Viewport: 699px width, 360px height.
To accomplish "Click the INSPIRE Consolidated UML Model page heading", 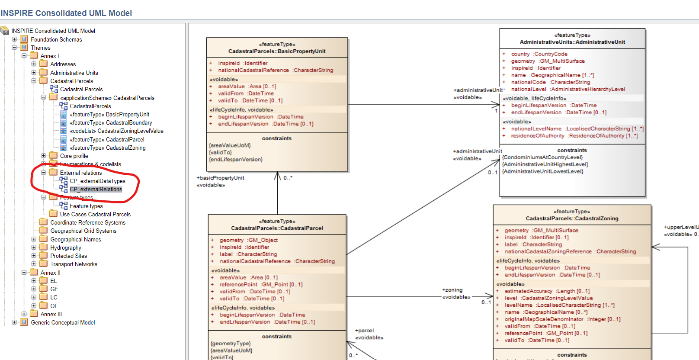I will tap(66, 13).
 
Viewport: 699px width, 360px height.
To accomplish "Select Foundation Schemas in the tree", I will tap(56, 39).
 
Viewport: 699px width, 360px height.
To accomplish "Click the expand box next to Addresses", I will tap(34, 64).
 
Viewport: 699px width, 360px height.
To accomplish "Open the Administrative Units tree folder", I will tap(74, 73).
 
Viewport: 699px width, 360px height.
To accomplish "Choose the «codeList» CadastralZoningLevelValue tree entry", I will tap(116, 131).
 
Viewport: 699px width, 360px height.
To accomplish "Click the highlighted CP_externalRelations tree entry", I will tap(96, 189).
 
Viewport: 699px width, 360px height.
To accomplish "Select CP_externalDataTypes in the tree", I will tap(97, 181).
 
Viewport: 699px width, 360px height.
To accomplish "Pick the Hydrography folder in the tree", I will tap(65, 247).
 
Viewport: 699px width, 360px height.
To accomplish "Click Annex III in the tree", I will tap(51, 314).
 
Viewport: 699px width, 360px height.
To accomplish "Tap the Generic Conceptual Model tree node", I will tap(63, 322).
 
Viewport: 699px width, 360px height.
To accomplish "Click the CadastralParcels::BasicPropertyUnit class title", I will tap(277, 51).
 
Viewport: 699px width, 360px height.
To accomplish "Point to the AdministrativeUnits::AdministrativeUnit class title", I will tap(572, 42).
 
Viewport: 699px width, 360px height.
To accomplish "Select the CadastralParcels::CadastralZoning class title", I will tap(572, 219).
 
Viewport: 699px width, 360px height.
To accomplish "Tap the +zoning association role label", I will tap(452, 290).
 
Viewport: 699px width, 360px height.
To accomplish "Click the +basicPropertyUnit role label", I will tap(221, 178).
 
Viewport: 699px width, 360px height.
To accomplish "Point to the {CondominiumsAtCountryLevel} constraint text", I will tap(542, 157).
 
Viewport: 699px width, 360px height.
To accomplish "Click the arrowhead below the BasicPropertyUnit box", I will tap(277, 176).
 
